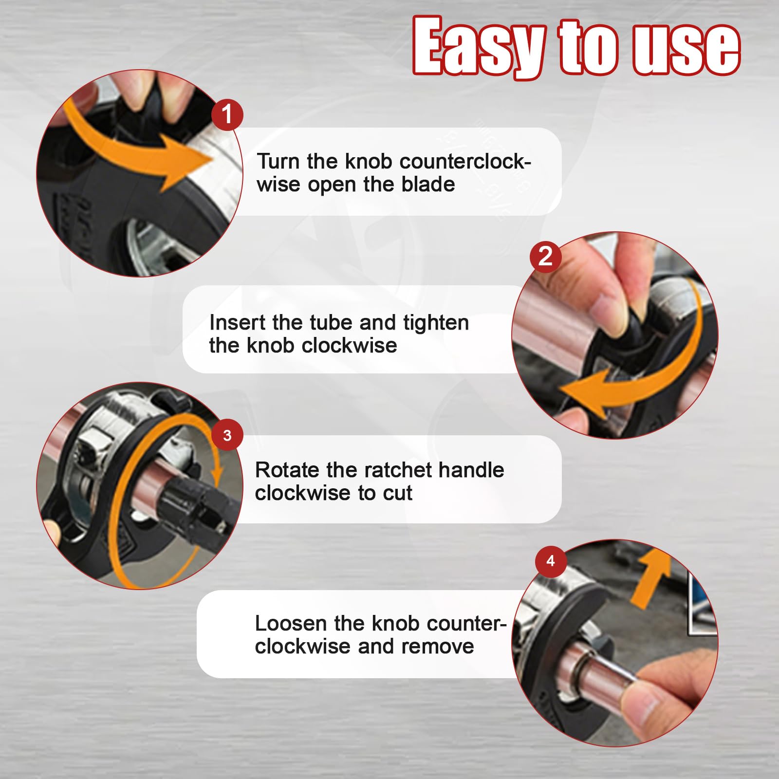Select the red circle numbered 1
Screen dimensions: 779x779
227,114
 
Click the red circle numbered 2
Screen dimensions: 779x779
545,256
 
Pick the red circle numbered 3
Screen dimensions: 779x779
227,435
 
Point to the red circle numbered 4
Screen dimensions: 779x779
551,561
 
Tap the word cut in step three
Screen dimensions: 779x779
397,493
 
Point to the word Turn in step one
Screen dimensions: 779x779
278,161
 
